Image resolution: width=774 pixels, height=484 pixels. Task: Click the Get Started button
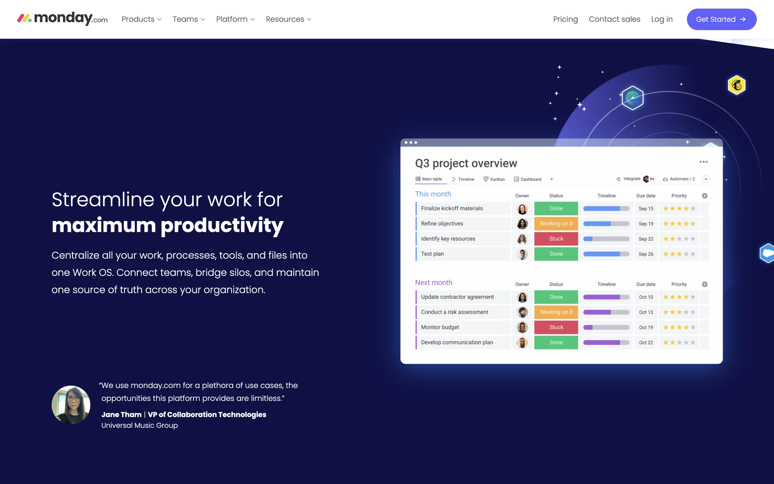(721, 19)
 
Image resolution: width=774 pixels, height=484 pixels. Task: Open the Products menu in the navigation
(141, 19)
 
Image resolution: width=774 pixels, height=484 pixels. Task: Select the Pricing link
(565, 19)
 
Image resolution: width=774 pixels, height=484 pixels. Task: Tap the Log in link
(662, 19)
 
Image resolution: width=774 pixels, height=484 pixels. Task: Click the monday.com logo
(62, 18)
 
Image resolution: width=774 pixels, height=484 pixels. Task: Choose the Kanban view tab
(494, 179)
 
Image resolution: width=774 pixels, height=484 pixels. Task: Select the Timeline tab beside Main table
(463, 179)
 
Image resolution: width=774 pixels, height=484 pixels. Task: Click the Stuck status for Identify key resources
(556, 239)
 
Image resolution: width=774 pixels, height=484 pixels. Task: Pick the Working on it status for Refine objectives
(556, 223)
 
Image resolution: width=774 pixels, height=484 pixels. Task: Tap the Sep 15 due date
(646, 209)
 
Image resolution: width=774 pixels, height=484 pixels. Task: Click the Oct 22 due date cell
(646, 342)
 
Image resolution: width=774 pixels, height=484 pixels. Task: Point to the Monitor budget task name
(440, 327)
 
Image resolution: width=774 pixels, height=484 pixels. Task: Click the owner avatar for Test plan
(522, 254)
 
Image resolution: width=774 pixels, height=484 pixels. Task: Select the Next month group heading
(434, 282)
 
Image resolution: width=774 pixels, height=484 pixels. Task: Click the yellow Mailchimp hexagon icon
(737, 85)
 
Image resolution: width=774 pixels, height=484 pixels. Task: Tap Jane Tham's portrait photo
(71, 405)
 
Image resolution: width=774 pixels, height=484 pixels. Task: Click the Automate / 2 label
(682, 179)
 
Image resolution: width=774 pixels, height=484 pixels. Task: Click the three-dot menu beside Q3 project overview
(703, 162)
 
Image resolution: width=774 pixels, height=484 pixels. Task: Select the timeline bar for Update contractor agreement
(606, 297)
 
